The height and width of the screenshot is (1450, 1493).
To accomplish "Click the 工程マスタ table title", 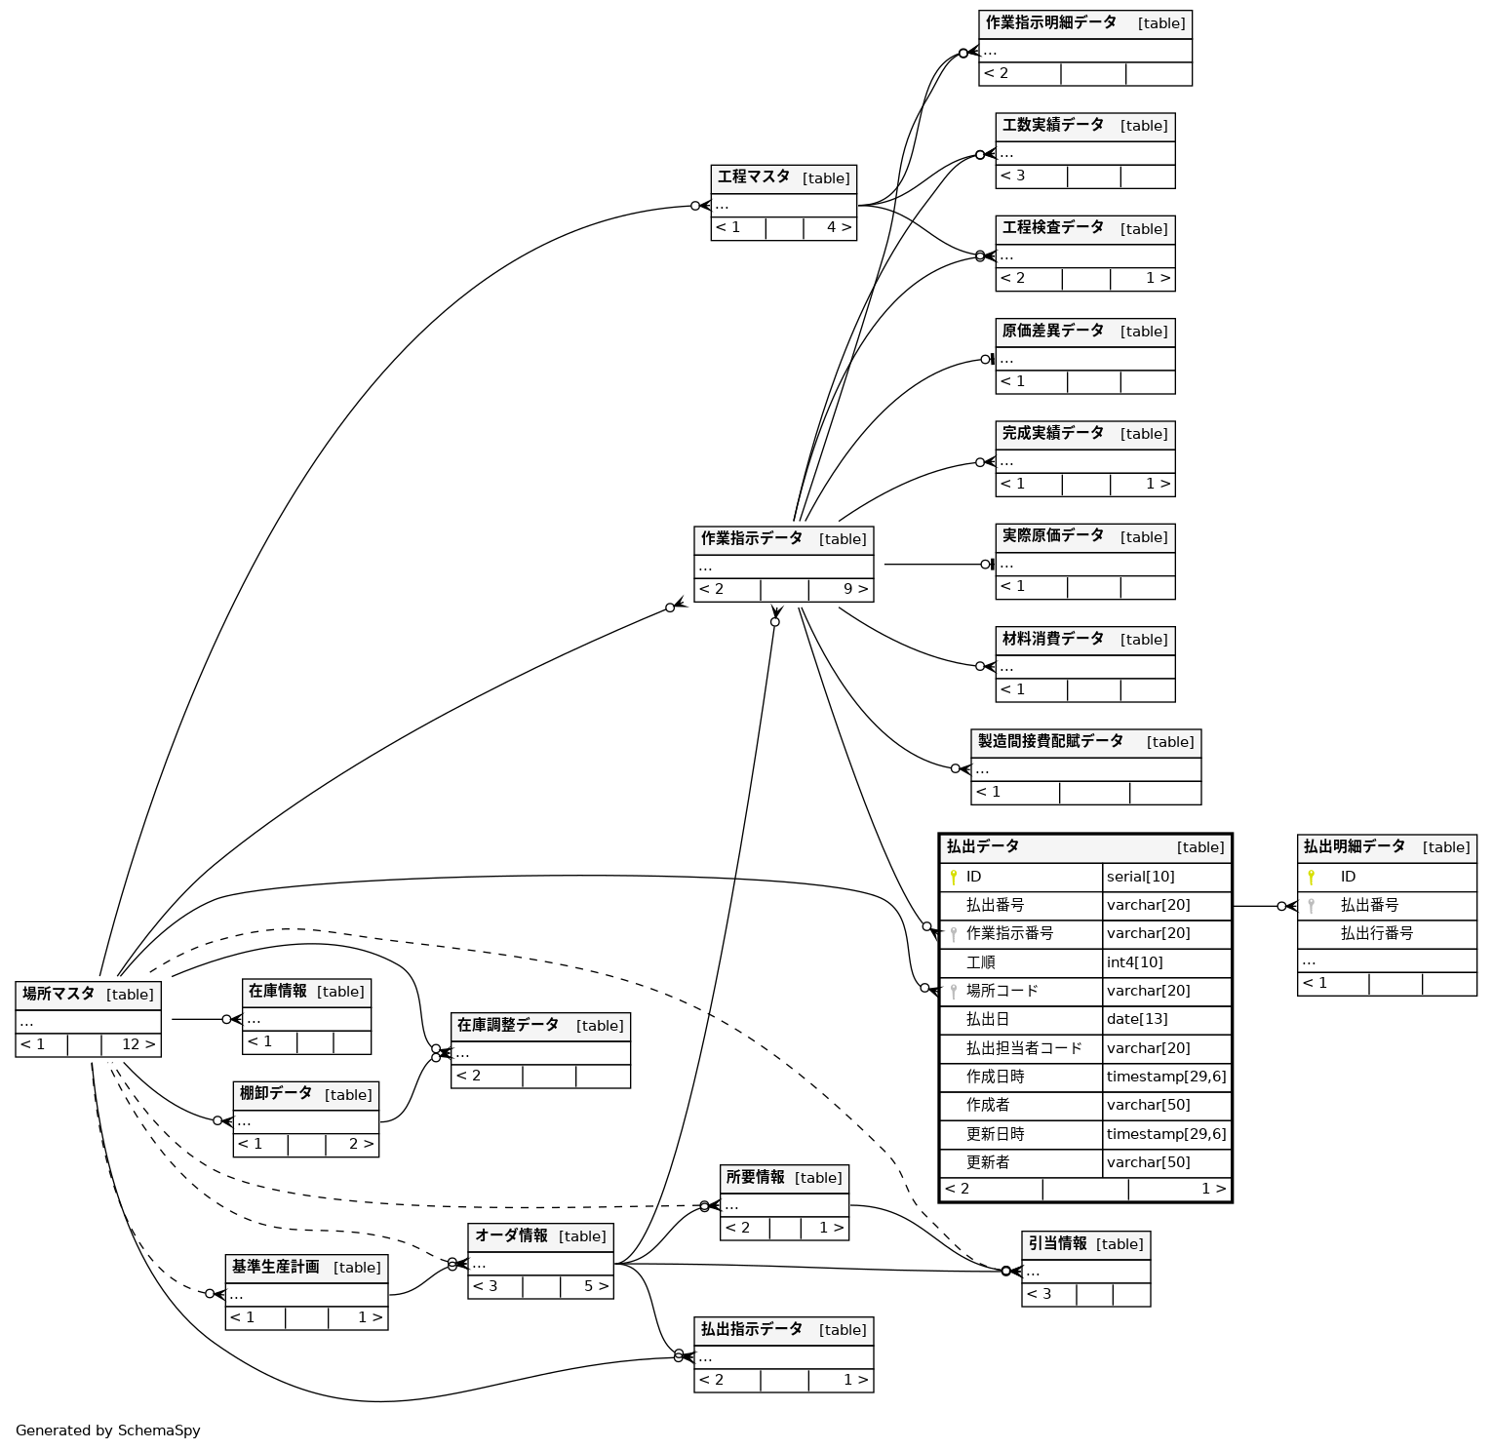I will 754,177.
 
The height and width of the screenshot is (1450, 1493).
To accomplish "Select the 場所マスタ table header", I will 59,994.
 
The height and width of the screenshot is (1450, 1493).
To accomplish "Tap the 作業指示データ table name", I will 752,538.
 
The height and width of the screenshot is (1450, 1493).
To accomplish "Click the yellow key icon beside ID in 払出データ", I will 954,878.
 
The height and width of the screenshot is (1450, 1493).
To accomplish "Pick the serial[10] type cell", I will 1140,877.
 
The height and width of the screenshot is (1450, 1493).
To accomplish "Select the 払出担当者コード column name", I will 1023,1048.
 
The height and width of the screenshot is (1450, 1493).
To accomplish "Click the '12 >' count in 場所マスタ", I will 138,1044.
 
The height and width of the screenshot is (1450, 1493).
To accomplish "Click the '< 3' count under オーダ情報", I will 486,1286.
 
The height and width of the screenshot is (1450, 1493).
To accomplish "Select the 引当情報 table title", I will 1057,1243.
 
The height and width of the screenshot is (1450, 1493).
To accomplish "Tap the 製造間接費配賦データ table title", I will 1050,741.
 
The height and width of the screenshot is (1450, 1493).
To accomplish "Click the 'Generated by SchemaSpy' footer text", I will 107,1430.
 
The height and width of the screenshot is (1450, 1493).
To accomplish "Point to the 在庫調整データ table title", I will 508,1025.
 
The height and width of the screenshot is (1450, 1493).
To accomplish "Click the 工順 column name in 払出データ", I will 980,962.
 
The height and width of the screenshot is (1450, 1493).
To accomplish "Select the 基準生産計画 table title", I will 275,1267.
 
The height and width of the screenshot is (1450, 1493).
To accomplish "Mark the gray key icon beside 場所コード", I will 954,992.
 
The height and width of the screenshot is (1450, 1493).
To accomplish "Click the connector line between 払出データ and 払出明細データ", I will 1258,906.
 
